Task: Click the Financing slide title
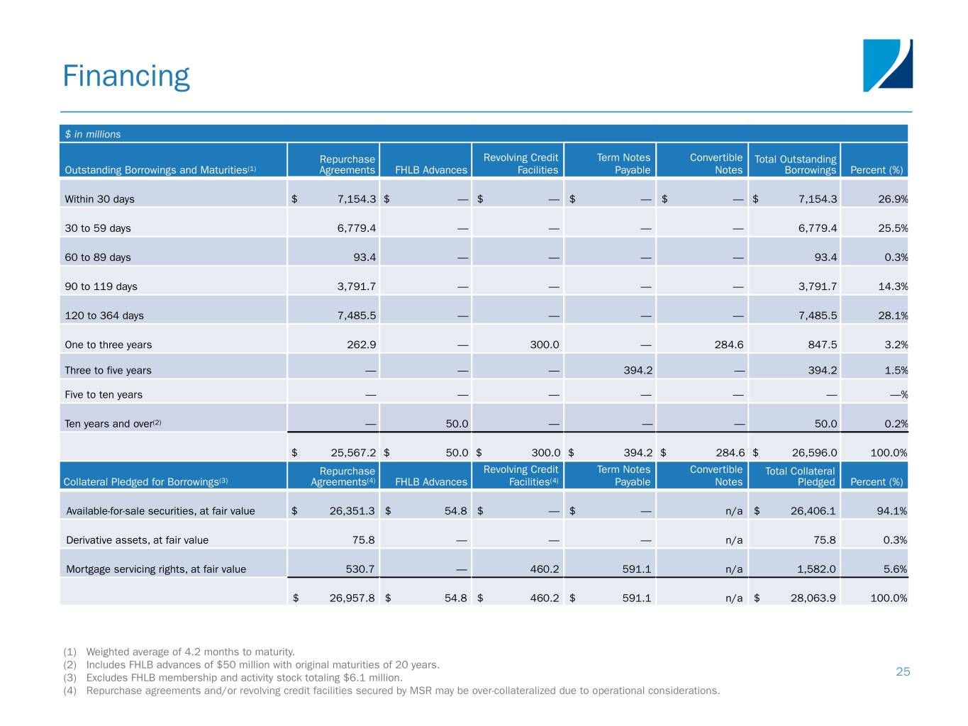pyautogui.click(x=126, y=76)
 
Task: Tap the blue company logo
pyautogui.click(x=887, y=65)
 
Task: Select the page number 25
pyautogui.click(x=903, y=671)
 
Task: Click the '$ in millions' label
pyautogui.click(x=93, y=134)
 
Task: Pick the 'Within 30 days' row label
pyautogui.click(x=99, y=199)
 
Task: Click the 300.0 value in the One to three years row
pyautogui.click(x=544, y=345)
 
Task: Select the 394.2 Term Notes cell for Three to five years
pyautogui.click(x=638, y=370)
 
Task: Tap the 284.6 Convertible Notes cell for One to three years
pyautogui.click(x=729, y=345)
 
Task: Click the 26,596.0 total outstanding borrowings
pyautogui.click(x=814, y=452)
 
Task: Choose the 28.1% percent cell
pyautogui.click(x=892, y=315)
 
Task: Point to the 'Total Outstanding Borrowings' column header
pyautogui.click(x=795, y=164)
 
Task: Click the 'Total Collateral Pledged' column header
pyautogui.click(x=800, y=476)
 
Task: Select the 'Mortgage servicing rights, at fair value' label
pyautogui.click(x=156, y=569)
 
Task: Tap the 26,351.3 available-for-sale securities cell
pyautogui.click(x=352, y=511)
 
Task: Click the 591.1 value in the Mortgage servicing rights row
pyautogui.click(x=636, y=569)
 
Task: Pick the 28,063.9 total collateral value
pyautogui.click(x=813, y=598)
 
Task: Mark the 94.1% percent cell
pyautogui.click(x=891, y=511)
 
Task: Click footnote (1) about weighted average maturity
pyautogui.click(x=190, y=652)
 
